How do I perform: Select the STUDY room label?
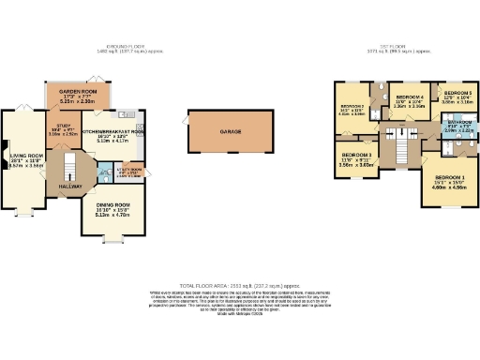[62, 125]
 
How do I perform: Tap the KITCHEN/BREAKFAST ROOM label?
[112, 132]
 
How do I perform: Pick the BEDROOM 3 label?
[356, 155]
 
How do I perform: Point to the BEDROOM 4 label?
[409, 97]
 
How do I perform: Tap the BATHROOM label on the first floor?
[457, 121]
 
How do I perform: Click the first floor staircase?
[403, 150]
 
